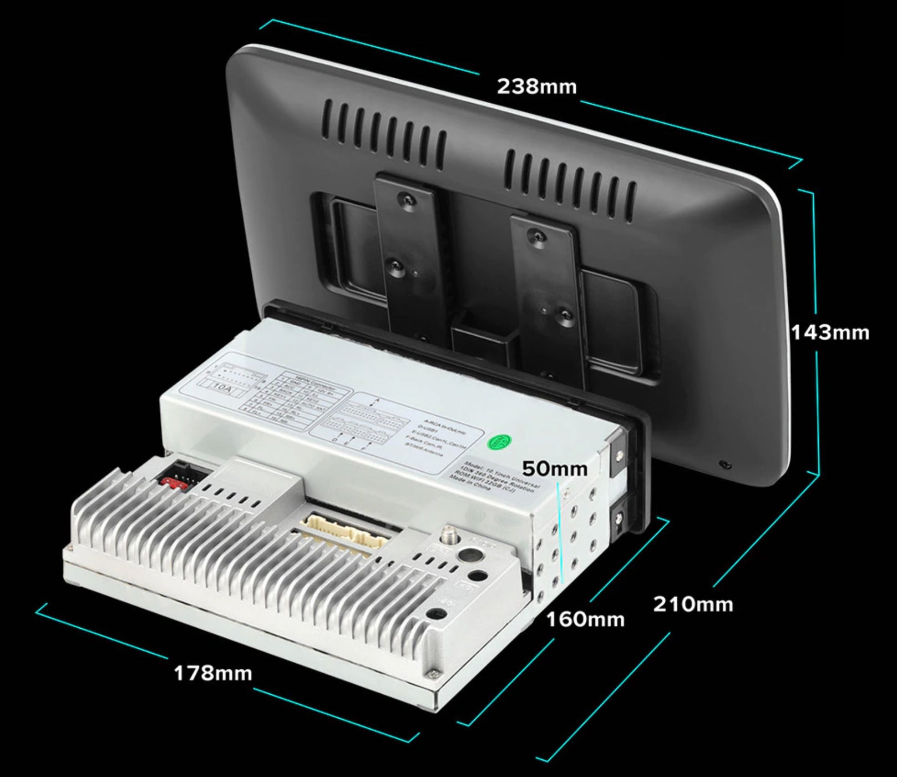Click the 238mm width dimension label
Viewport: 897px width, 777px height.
(536, 87)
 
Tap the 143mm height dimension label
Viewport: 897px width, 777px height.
(830, 332)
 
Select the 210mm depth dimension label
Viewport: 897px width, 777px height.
(693, 604)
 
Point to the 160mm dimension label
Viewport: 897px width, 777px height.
(585, 619)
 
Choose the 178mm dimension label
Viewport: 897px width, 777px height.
(213, 673)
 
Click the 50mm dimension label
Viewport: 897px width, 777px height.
(555, 468)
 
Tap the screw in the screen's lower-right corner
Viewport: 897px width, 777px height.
(723, 464)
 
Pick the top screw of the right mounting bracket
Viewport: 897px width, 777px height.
(536, 235)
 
